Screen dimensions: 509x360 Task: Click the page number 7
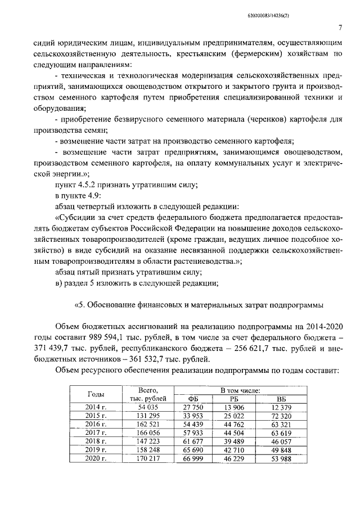click(x=341, y=27)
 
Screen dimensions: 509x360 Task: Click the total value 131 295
click(x=149, y=416)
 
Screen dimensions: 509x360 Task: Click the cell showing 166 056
click(x=149, y=433)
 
